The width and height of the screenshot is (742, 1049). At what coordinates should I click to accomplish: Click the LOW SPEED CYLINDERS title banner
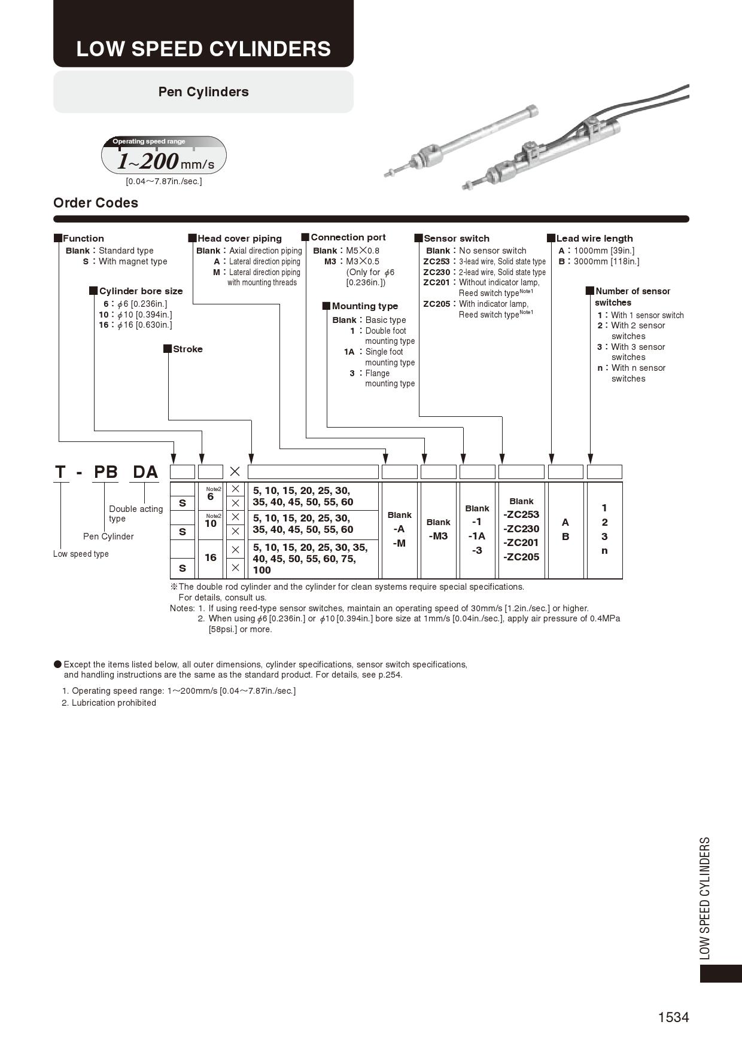(x=203, y=48)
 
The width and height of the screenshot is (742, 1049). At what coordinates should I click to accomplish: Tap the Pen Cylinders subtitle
(x=203, y=92)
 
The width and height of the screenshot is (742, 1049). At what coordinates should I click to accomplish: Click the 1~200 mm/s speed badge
(x=164, y=157)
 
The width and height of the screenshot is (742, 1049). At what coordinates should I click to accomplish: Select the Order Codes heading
(x=96, y=203)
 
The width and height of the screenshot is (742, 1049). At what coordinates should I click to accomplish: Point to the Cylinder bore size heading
(x=141, y=291)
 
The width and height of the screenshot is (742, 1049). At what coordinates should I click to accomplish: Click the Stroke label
(x=187, y=349)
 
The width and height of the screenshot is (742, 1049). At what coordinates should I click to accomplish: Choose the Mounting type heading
(x=364, y=306)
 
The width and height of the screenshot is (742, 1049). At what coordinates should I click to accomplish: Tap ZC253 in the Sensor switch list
(x=436, y=261)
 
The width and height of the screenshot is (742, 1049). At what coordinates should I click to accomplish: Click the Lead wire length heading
(x=594, y=239)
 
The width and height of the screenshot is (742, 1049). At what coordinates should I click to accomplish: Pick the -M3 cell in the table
(x=438, y=536)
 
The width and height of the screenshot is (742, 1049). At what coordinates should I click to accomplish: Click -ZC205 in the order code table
(x=521, y=557)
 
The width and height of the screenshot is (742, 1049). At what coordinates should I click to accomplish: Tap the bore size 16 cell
(x=211, y=557)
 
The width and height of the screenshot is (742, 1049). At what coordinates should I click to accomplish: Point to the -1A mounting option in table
(x=477, y=536)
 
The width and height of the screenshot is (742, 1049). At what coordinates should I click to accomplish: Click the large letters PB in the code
(x=106, y=472)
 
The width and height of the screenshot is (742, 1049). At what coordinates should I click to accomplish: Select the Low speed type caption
(x=81, y=554)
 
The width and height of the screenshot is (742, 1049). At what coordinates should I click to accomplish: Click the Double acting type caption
(x=136, y=514)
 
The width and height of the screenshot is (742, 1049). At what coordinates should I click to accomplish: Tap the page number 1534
(x=673, y=1017)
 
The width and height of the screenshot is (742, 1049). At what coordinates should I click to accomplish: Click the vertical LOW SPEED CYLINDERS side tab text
(x=705, y=898)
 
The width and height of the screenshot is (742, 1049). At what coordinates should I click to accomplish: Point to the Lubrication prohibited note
(x=114, y=703)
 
